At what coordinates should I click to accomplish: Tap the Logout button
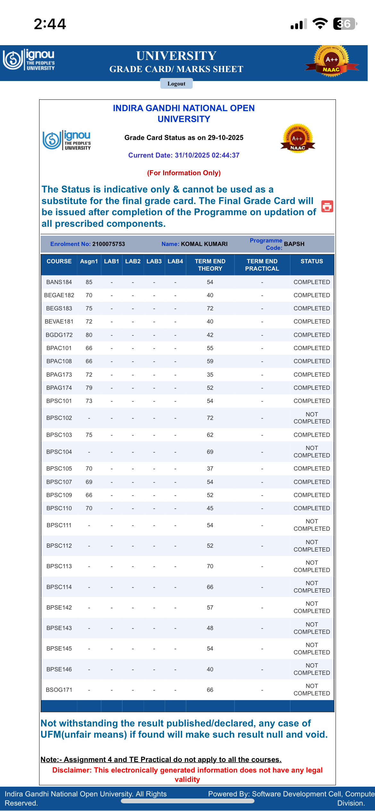click(x=176, y=84)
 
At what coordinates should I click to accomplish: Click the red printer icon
click(x=327, y=206)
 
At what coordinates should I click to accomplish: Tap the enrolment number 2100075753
click(x=109, y=244)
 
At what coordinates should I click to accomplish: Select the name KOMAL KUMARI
click(x=204, y=244)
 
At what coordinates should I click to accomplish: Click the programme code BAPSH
click(x=294, y=244)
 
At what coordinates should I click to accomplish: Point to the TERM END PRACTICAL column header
click(x=262, y=265)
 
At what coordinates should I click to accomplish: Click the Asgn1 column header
click(x=89, y=261)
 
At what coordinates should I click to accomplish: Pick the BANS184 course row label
click(x=59, y=282)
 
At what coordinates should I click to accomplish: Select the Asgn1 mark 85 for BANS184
click(x=89, y=282)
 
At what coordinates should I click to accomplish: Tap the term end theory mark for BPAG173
click(x=210, y=375)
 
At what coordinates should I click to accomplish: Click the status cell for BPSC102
click(x=312, y=418)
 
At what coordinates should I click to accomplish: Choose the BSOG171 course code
click(x=59, y=690)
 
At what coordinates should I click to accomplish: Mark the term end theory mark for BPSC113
click(x=210, y=566)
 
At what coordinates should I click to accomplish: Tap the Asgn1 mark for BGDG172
click(x=89, y=335)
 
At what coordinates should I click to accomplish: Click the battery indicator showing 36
click(x=345, y=24)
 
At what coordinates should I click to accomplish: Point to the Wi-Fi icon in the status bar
click(x=320, y=24)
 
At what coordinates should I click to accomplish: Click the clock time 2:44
click(x=50, y=24)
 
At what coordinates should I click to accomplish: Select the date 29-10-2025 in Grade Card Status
click(x=225, y=138)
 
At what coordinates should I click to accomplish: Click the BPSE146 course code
click(x=59, y=669)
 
